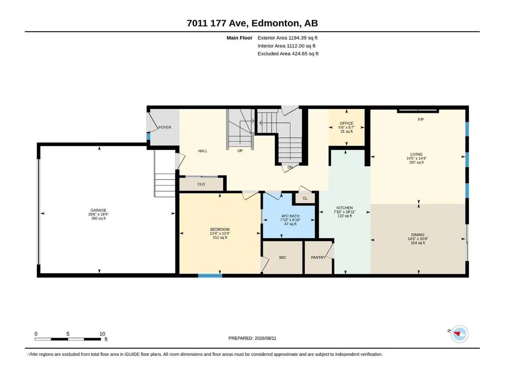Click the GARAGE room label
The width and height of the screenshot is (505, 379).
point(98,210)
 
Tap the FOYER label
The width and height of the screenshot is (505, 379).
point(165,127)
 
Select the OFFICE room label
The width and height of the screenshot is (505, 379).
point(346,123)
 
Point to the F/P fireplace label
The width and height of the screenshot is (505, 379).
point(421,120)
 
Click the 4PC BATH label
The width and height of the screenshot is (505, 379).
point(290,216)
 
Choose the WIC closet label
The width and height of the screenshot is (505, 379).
point(282,257)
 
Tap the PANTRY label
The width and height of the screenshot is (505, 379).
point(318,257)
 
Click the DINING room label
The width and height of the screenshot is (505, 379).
point(418,235)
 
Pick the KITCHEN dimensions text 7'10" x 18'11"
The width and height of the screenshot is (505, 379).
point(344,212)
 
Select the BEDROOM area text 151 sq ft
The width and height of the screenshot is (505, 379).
point(220,238)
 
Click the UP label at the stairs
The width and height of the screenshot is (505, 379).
point(240,151)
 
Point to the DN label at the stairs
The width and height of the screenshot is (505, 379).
point(290,167)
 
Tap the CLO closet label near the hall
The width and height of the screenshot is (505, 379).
point(202,184)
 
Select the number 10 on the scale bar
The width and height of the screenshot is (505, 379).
point(102,334)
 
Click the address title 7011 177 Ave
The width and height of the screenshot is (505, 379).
point(217,23)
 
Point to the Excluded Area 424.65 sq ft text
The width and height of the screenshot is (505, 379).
point(288,54)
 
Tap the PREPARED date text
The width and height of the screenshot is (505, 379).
point(252,338)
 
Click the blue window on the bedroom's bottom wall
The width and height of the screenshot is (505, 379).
point(210,276)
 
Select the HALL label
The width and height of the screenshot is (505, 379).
point(202,151)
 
